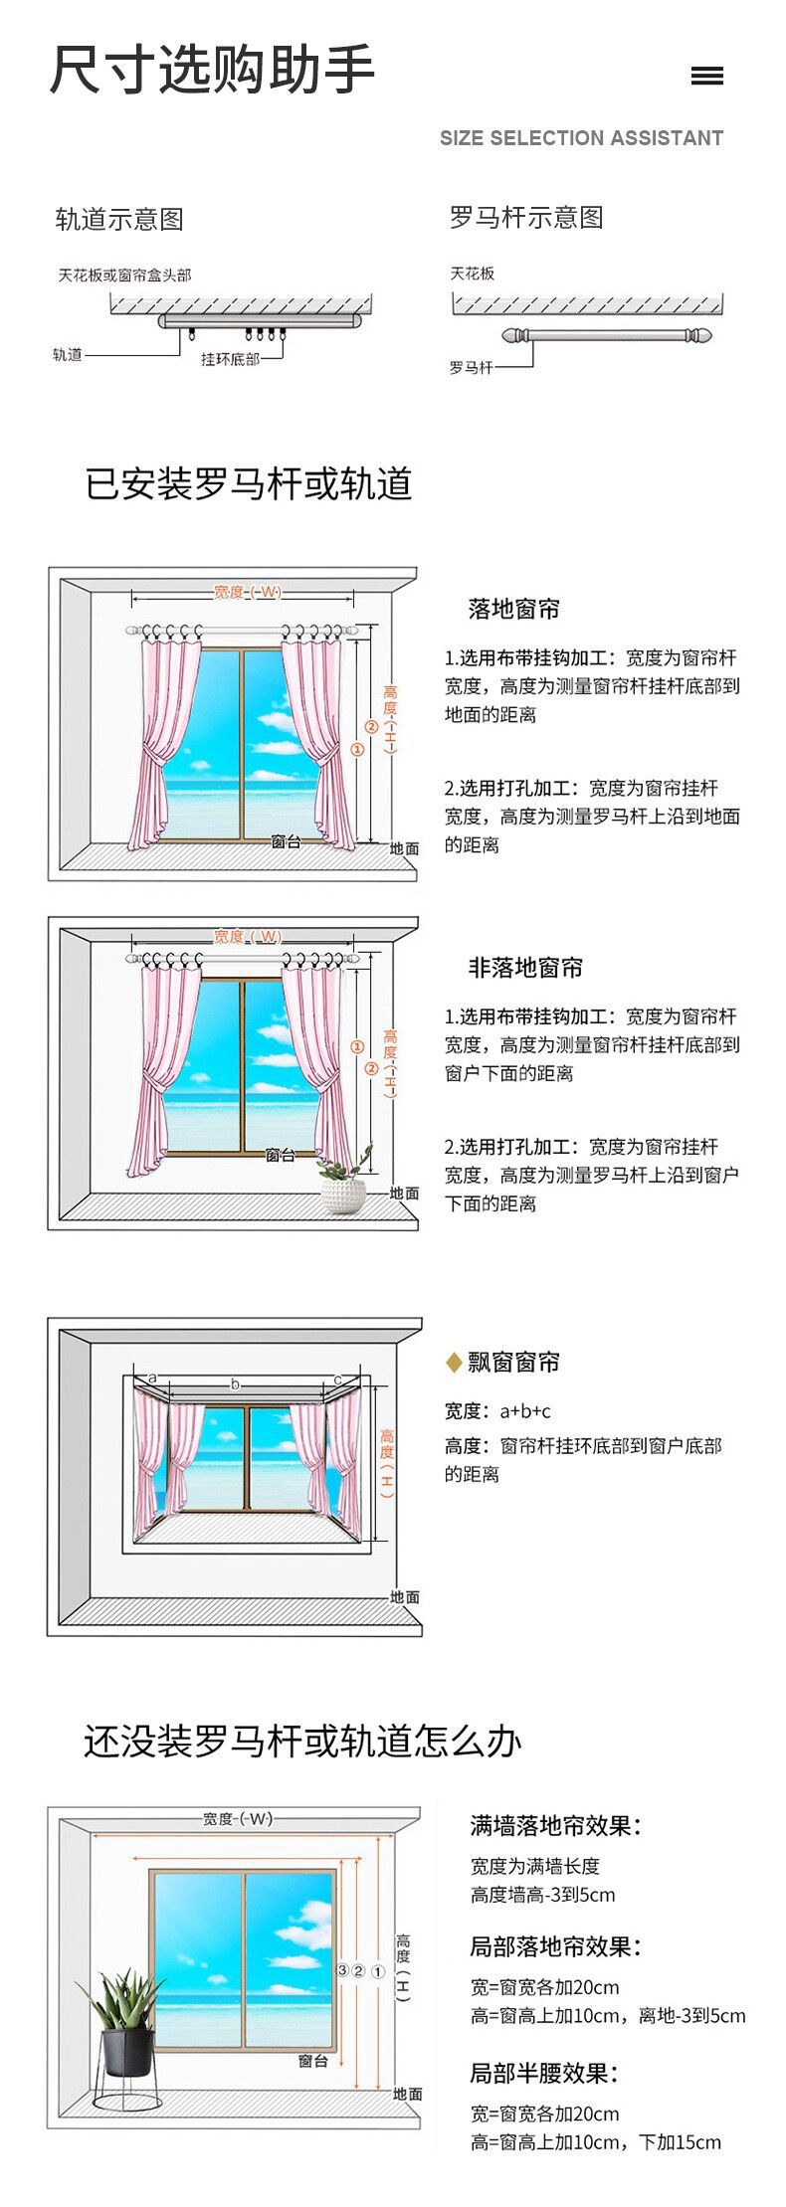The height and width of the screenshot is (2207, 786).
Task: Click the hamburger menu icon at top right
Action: [x=706, y=76]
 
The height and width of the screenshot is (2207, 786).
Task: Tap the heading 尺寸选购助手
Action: [x=212, y=70]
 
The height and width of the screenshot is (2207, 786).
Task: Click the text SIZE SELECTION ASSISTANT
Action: [x=581, y=138]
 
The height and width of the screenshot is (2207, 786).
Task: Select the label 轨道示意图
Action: [x=119, y=219]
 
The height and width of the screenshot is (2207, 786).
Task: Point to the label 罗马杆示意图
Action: [x=526, y=217]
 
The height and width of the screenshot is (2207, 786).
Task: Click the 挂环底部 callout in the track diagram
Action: [x=230, y=359]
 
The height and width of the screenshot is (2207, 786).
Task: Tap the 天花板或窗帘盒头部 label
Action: [x=124, y=275]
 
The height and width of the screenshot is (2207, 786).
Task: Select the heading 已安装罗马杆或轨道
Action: [x=249, y=483]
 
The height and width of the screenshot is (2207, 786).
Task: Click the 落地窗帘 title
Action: [x=513, y=609]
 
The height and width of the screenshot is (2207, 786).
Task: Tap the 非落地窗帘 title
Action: [x=525, y=967]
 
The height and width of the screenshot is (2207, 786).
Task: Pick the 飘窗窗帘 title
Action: [x=513, y=1362]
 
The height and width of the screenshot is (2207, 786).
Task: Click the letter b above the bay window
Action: [x=236, y=1383]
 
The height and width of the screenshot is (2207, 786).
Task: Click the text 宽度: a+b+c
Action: [x=497, y=1410]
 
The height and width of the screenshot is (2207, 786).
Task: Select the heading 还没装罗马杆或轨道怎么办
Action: [x=302, y=1741]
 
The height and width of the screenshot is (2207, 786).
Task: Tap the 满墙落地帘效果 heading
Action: [x=555, y=1825]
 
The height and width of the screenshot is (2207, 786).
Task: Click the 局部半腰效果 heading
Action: [x=543, y=2073]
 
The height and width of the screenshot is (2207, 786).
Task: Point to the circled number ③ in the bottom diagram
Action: [x=343, y=1970]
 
